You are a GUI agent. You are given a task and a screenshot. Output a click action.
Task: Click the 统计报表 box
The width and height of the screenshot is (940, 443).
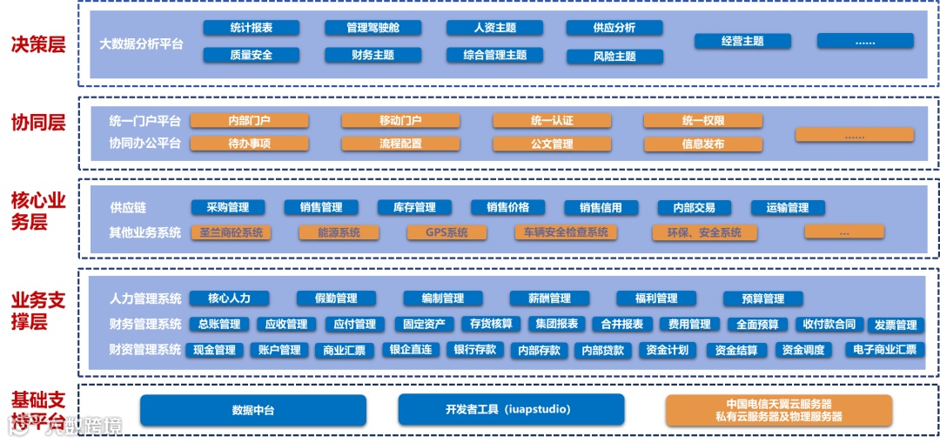pos(251,28)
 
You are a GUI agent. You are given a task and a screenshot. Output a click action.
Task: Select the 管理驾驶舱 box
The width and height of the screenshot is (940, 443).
pos(373,28)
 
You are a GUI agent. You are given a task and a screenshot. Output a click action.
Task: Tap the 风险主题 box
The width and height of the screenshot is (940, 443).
pos(614,57)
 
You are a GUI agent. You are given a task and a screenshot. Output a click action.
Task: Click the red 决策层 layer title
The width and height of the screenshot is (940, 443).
pos(37,44)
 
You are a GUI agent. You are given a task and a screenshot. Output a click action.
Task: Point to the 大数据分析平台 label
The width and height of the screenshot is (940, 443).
pos(141,43)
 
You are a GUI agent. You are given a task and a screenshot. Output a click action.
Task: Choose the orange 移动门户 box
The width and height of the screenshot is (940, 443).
pos(400,121)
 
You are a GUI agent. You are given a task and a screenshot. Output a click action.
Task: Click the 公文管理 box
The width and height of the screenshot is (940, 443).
pos(552,144)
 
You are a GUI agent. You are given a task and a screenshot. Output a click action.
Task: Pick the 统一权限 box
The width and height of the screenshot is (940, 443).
pos(703,121)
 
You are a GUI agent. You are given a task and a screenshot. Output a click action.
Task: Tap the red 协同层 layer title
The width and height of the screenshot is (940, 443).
pos(37,122)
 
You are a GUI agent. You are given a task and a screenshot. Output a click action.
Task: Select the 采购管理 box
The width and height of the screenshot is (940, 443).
pos(227,207)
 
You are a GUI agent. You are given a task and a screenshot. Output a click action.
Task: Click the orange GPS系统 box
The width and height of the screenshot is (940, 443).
pos(446,232)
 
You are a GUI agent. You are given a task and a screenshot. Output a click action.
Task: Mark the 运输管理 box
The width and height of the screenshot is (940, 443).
pos(788,208)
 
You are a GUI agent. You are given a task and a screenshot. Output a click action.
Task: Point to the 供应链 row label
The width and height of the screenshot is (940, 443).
pos(128,208)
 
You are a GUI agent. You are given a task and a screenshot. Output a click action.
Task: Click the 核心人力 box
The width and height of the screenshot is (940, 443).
pos(228,299)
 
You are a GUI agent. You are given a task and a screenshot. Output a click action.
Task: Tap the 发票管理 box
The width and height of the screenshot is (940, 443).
pos(896,326)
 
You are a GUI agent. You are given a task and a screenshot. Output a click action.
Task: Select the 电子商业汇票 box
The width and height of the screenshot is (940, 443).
pos(884,350)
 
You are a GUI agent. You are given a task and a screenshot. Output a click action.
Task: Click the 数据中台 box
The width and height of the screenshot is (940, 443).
pos(252,410)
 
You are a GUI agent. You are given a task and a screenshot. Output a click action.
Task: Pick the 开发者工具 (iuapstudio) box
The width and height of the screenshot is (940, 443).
pos(511,410)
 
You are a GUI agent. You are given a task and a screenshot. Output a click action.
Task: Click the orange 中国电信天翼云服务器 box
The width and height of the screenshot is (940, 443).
pos(779,410)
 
